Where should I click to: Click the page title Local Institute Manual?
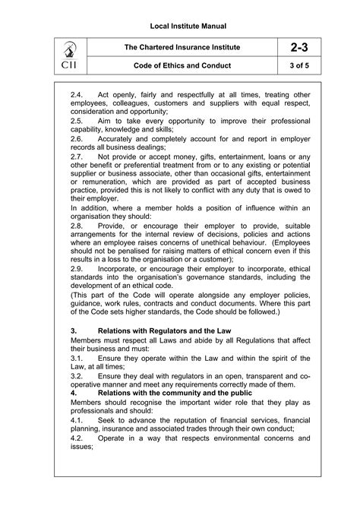(180, 27)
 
